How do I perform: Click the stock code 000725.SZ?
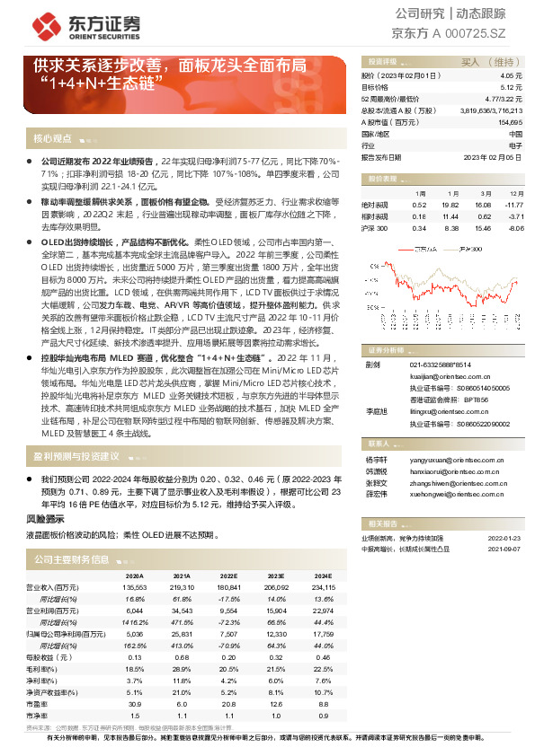495,34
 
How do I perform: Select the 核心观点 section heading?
52,139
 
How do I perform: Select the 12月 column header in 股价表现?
516,193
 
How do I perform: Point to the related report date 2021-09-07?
505,547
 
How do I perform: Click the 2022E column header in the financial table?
228,576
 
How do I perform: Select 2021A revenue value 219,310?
182,585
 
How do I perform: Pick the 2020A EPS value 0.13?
137,657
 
